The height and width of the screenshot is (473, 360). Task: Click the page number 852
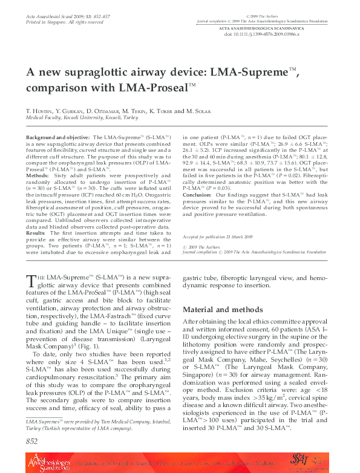coord(31,442)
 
